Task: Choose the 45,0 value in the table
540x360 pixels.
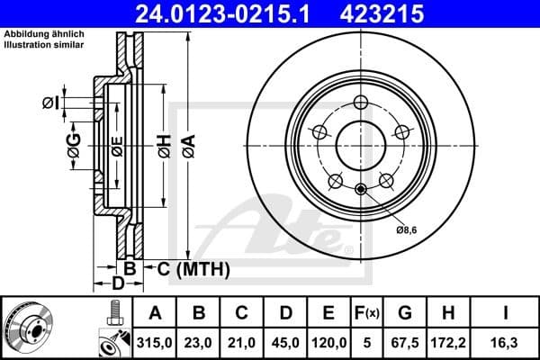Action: coord(285,343)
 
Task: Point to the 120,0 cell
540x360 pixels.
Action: coord(328,343)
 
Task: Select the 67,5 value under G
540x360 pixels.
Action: coord(405,343)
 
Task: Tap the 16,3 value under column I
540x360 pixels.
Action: coord(506,343)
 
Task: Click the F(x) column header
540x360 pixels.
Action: coord(367,313)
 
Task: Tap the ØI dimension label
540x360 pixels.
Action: coord(50,103)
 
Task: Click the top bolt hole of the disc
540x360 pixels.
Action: coord(362,102)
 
